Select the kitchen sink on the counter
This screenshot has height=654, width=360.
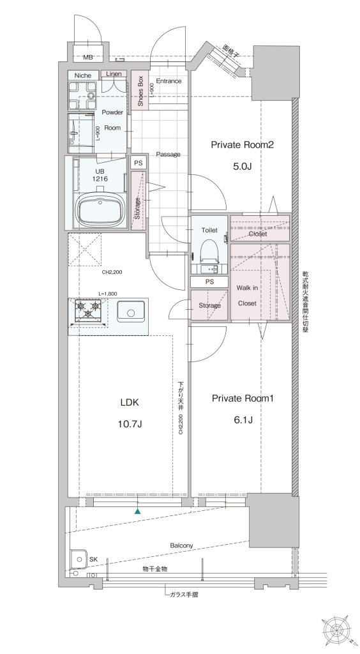(x=130, y=312)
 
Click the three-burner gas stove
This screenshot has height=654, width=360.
(x=88, y=312)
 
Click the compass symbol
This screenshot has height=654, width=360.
(x=336, y=630)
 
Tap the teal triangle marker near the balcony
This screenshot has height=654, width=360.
(x=137, y=511)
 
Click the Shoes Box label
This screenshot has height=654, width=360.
(x=140, y=91)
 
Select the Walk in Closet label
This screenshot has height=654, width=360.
(x=248, y=295)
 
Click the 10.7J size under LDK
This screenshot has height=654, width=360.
(x=130, y=424)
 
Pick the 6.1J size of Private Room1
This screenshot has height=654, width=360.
(x=243, y=420)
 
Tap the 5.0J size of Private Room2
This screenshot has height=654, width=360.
(x=243, y=167)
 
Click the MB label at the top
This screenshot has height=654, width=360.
(x=87, y=57)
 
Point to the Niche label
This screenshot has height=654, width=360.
(x=83, y=75)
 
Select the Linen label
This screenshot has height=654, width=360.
(x=114, y=74)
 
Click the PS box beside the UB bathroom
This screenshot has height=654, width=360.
(x=139, y=163)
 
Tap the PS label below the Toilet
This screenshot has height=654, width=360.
(x=209, y=282)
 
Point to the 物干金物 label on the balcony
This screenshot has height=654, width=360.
(x=154, y=568)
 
